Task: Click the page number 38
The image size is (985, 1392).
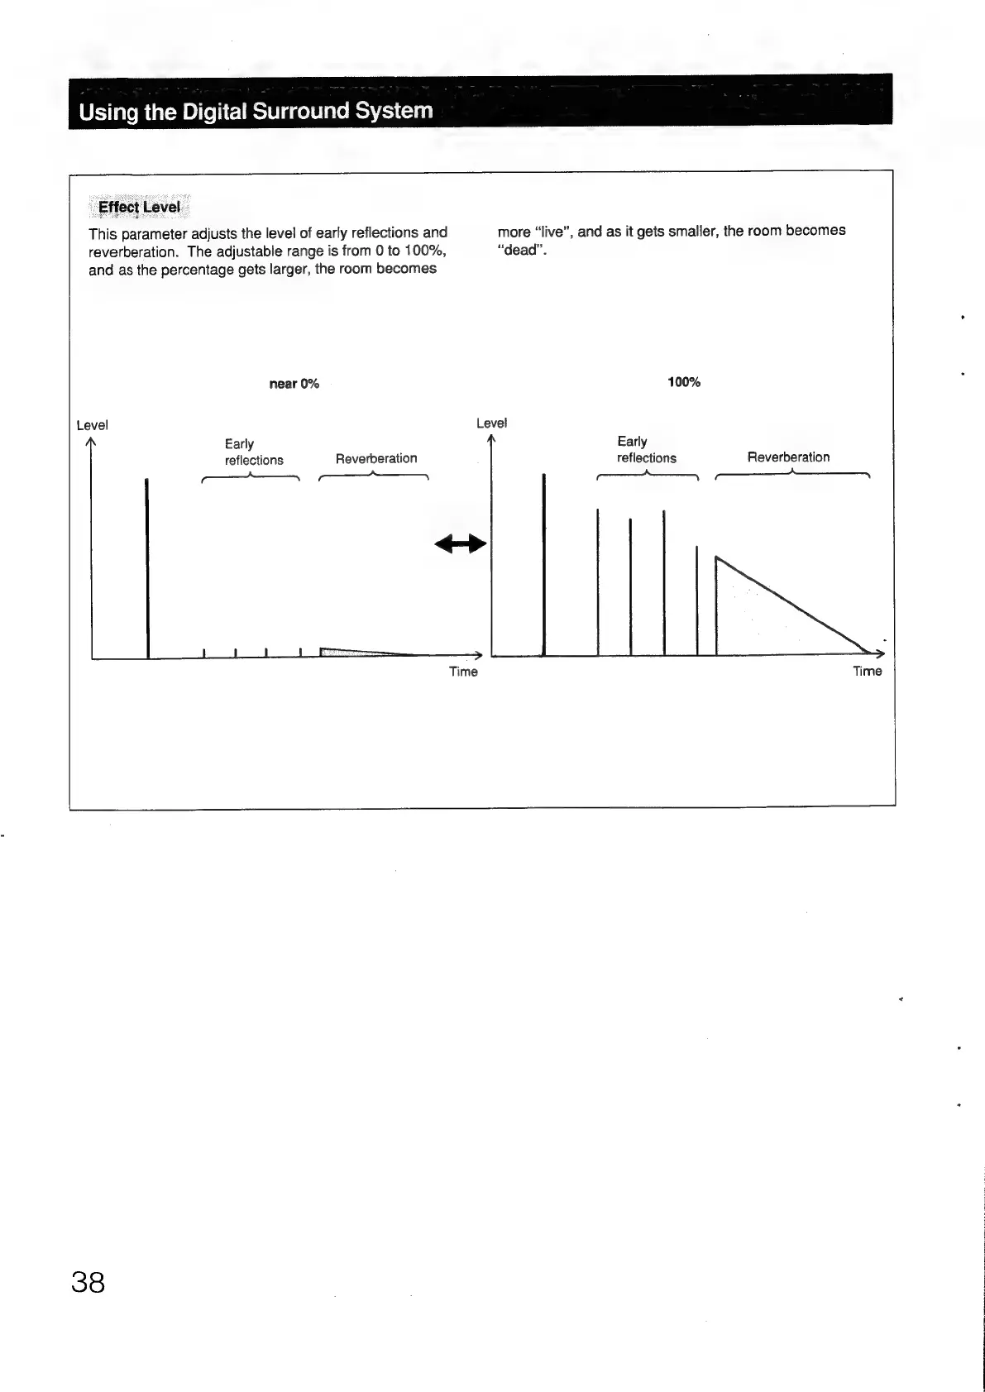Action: pyautogui.click(x=88, y=1282)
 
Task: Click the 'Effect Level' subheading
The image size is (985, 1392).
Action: pyautogui.click(x=139, y=207)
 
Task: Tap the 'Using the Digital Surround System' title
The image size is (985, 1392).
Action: pyautogui.click(x=256, y=112)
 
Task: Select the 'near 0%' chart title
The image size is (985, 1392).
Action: pyautogui.click(x=294, y=384)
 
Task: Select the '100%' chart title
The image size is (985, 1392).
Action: pyautogui.click(x=684, y=382)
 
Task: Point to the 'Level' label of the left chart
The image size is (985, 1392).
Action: pyautogui.click(x=92, y=425)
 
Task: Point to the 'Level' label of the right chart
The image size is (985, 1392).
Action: pyautogui.click(x=491, y=423)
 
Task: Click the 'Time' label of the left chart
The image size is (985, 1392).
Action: pyautogui.click(x=463, y=672)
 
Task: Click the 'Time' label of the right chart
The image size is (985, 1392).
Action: pyautogui.click(x=867, y=671)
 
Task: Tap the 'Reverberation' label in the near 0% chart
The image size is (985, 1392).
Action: pyautogui.click(x=376, y=458)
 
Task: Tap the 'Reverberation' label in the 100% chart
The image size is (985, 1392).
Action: pyautogui.click(x=788, y=457)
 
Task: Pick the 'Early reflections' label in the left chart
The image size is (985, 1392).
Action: pyautogui.click(x=254, y=452)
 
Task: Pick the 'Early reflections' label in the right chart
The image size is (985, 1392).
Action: pyautogui.click(x=646, y=450)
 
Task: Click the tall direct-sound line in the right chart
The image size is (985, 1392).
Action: pyautogui.click(x=544, y=562)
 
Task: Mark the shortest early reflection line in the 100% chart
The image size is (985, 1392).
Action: pyautogui.click(x=697, y=600)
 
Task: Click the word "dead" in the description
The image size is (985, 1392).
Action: pyautogui.click(x=521, y=250)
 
